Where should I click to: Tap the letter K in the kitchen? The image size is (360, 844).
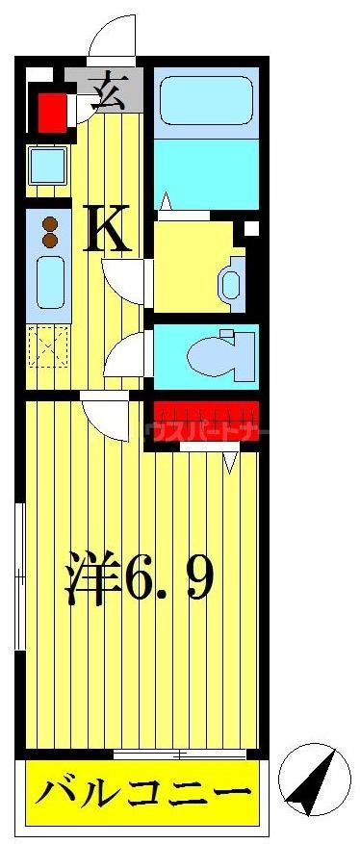(x=107, y=231)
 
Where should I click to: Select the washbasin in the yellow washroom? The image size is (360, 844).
(x=231, y=283)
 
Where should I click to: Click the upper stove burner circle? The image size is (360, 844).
(x=50, y=223)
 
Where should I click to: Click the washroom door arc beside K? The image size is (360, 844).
(x=124, y=279)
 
